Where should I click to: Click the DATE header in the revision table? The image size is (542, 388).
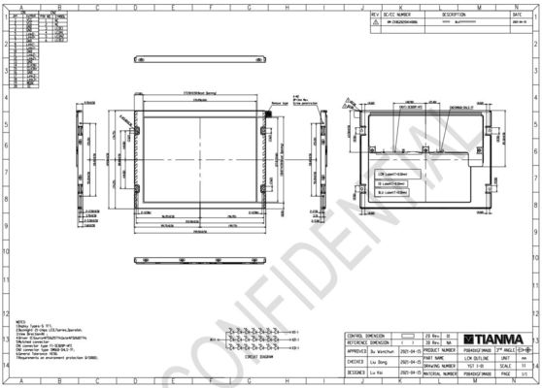(x=517, y=16)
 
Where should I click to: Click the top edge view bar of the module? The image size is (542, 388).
(x=199, y=95)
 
